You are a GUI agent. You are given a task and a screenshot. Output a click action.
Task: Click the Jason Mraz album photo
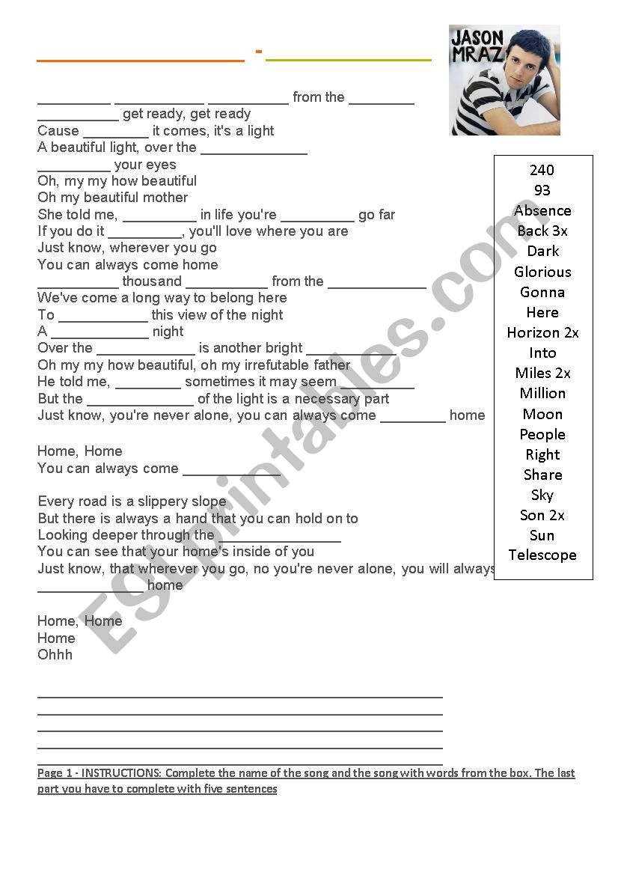click(x=504, y=80)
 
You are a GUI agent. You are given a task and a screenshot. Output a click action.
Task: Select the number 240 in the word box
click(x=542, y=170)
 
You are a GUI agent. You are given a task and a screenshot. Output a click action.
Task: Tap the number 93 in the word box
click(x=542, y=190)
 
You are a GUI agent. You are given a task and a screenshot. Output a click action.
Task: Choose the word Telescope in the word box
click(x=542, y=555)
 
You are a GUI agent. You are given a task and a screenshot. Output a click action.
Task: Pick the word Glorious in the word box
click(x=542, y=272)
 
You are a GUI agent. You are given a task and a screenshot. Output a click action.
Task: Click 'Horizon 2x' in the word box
click(x=542, y=332)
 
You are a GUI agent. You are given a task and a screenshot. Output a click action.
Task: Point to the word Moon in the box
click(x=542, y=414)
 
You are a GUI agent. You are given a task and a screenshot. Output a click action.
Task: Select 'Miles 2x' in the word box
click(x=542, y=373)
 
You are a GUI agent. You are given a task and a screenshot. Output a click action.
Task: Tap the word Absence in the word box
click(x=542, y=210)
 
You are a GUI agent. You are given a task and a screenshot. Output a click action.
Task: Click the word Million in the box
click(x=542, y=393)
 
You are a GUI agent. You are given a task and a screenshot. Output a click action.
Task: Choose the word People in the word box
click(x=542, y=434)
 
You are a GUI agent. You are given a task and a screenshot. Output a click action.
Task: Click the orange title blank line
click(x=141, y=59)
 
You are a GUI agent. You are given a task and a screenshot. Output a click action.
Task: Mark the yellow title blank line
click(x=349, y=59)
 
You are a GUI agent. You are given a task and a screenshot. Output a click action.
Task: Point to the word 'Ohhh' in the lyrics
click(x=55, y=654)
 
